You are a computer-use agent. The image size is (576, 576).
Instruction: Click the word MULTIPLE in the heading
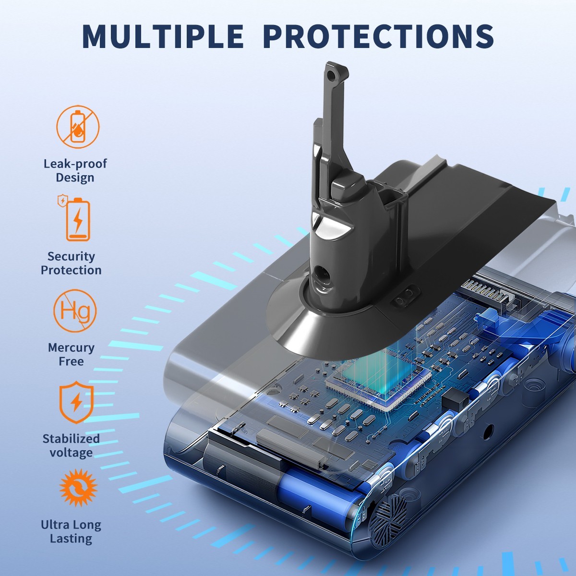(163, 36)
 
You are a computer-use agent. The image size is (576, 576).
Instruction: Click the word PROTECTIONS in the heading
(378, 36)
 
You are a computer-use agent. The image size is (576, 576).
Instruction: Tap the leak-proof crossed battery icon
(78, 126)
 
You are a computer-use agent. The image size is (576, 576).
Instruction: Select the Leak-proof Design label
(75, 170)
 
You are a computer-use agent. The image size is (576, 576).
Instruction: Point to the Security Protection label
(71, 264)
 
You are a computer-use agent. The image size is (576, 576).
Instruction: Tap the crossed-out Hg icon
(75, 311)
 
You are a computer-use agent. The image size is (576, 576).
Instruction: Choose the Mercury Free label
(71, 354)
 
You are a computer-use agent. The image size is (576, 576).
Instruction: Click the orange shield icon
(76, 402)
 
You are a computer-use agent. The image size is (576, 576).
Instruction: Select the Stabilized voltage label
(71, 445)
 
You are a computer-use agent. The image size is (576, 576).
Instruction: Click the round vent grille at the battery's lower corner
(389, 516)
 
